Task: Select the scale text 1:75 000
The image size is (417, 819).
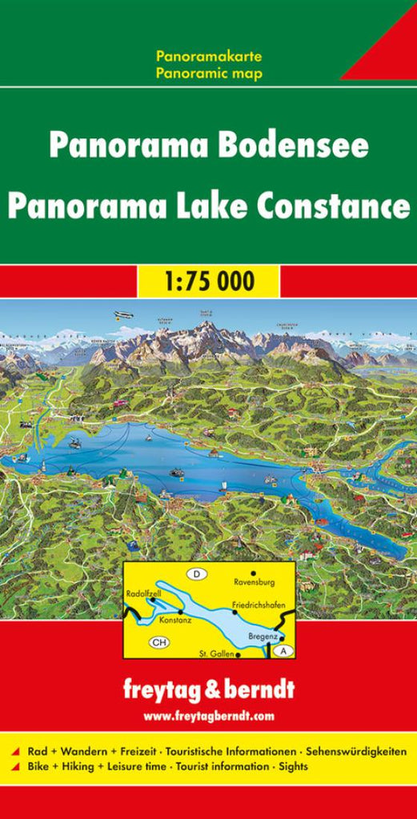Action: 208,281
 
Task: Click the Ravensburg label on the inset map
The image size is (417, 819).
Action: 254,583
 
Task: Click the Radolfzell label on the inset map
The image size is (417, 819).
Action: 145,593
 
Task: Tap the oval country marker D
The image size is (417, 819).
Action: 195,573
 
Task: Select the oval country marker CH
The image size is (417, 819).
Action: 158,641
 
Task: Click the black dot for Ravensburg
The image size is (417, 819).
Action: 254,573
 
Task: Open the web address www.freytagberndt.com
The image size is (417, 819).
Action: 208,714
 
